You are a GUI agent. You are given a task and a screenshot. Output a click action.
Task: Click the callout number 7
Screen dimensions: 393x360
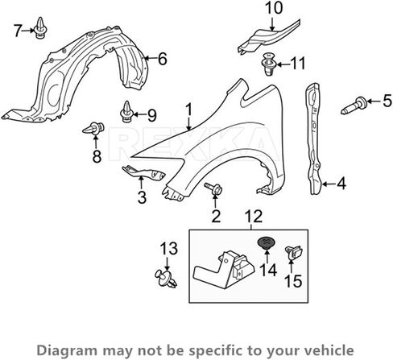(x=18, y=31)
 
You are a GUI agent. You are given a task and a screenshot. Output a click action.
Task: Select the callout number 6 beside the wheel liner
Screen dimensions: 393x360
(x=163, y=59)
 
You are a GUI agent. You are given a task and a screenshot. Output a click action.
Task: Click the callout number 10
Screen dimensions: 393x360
(x=274, y=8)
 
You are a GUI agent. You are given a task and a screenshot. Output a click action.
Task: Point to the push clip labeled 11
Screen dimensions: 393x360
(x=268, y=64)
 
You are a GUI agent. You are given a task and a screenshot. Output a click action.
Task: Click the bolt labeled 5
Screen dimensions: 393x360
(x=354, y=106)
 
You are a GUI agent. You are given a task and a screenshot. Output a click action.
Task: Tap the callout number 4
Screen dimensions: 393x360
(x=341, y=184)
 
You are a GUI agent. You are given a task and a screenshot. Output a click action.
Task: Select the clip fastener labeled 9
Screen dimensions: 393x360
(x=126, y=112)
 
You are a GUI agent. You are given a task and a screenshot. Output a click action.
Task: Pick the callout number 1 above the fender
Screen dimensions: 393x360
(x=189, y=110)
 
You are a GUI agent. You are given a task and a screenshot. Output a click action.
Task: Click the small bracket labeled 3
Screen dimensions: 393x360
(x=143, y=172)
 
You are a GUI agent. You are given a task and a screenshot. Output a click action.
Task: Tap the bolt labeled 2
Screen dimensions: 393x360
(x=213, y=188)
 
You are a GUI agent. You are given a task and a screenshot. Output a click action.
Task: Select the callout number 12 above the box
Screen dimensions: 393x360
(x=254, y=217)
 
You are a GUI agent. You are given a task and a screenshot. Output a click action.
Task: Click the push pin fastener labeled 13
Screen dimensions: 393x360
(x=166, y=279)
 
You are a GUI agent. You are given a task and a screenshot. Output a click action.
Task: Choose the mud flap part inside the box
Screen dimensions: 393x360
(x=224, y=270)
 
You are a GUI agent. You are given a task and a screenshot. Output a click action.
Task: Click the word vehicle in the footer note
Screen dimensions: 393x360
(x=331, y=350)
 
